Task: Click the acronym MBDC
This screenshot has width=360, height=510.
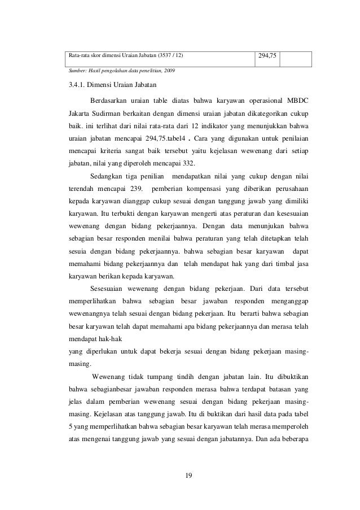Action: point(300,101)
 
